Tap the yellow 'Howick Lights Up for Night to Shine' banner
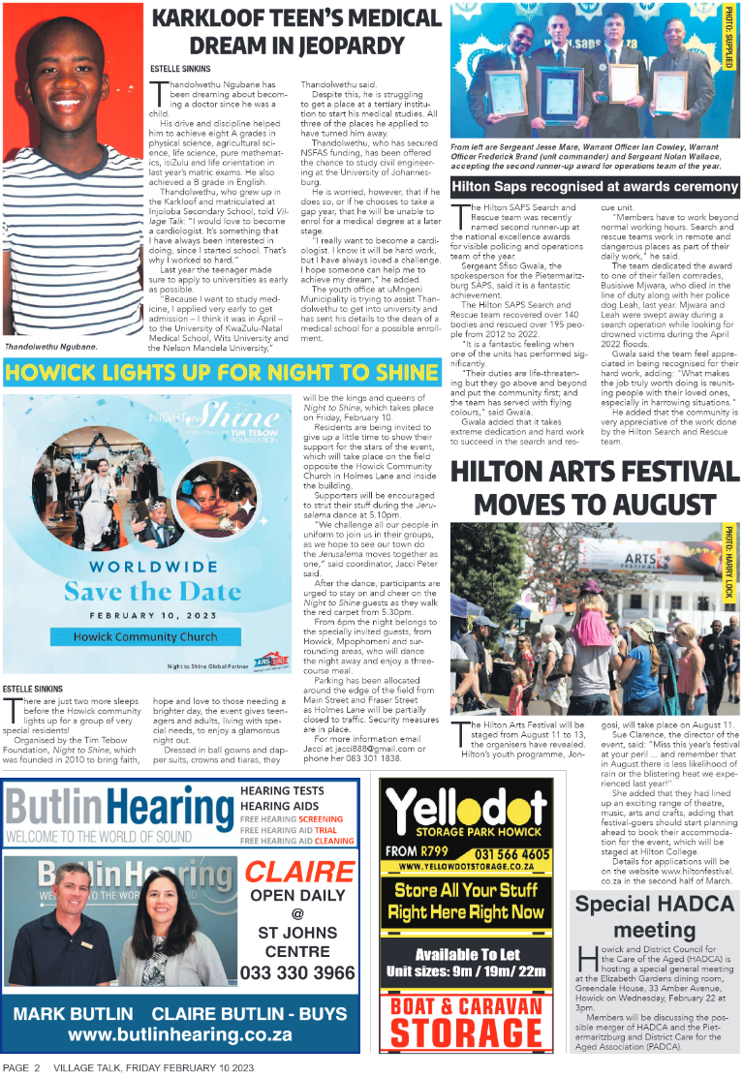[222, 373]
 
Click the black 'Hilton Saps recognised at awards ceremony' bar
[594, 187]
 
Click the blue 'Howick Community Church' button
[145, 636]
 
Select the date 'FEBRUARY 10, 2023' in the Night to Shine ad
[145, 615]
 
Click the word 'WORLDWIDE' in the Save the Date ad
[145, 565]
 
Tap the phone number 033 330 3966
[297, 972]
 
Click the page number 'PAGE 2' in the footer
[21, 1067]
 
